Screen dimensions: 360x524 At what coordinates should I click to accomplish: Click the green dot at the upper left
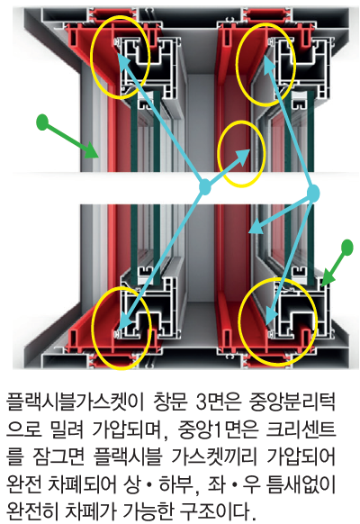click(x=42, y=122)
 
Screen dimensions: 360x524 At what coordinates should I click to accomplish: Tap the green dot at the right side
click(x=347, y=248)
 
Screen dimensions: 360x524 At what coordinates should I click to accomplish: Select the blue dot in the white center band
click(x=204, y=187)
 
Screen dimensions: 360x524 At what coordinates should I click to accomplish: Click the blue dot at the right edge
click(x=313, y=194)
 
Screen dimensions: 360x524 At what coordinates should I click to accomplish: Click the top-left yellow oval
click(x=91, y=57)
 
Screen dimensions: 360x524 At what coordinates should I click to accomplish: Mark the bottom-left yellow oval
click(x=93, y=328)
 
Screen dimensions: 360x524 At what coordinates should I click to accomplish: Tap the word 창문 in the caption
click(x=171, y=402)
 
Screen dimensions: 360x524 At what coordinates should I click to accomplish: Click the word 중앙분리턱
click(x=292, y=402)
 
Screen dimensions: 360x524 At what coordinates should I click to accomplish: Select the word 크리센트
click(x=301, y=429)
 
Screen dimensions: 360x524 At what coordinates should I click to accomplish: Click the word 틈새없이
click(x=301, y=484)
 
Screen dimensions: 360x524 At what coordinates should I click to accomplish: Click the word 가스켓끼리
click(x=213, y=456)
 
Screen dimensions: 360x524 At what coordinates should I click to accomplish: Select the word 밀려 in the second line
click(x=67, y=429)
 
